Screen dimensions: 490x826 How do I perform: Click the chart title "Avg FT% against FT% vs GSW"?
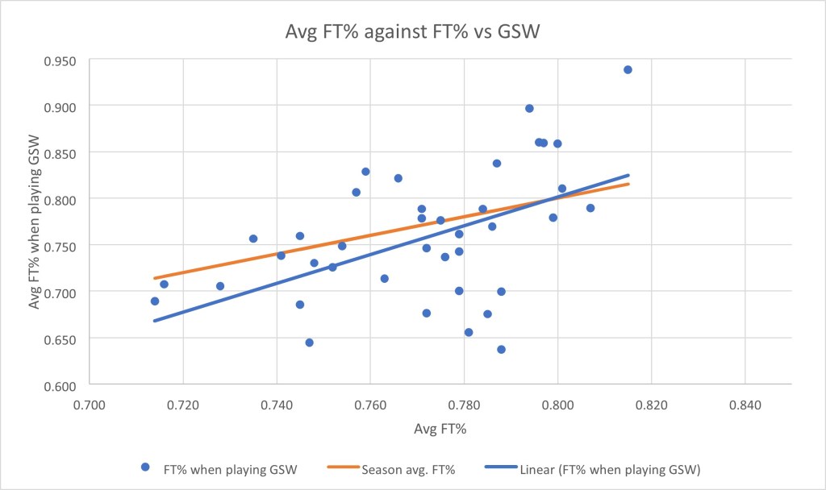[x=412, y=33]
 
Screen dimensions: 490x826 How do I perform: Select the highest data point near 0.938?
[x=628, y=69]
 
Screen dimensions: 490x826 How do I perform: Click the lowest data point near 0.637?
[x=501, y=349]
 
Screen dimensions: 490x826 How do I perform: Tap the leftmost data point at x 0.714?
[x=155, y=301]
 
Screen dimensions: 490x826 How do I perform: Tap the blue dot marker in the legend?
[x=145, y=467]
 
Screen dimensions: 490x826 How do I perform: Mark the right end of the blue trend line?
[x=628, y=175]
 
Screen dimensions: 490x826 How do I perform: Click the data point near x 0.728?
[x=220, y=286]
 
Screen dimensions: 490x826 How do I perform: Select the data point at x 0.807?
[x=590, y=208]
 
